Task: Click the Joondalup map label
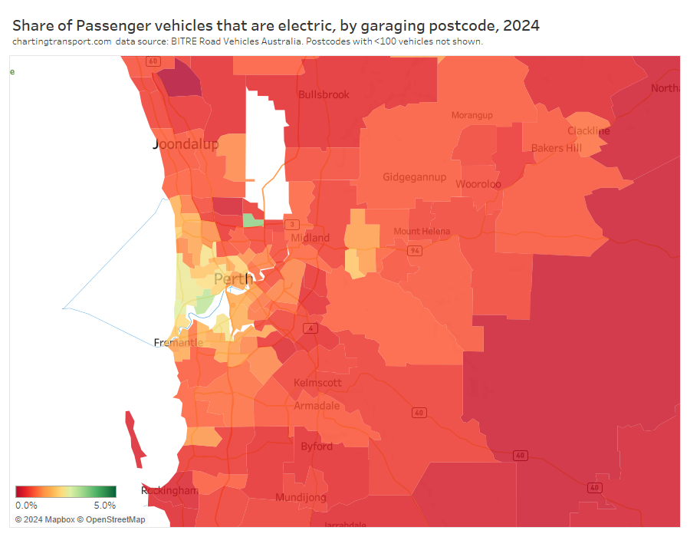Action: coord(186,144)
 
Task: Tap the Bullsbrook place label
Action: coord(324,95)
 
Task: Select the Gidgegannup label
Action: coord(415,177)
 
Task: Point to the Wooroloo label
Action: coord(478,184)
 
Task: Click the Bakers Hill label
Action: coord(557,148)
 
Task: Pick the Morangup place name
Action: coord(472,115)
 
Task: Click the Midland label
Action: coord(310,238)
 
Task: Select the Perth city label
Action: coord(233,278)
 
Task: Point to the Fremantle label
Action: coord(179,342)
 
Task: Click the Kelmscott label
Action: coord(318,383)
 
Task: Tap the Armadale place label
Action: coord(317,406)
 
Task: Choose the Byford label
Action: coord(317,446)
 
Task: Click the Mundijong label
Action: coord(301,497)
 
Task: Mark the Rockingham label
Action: coord(169,490)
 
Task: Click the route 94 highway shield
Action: coord(415,251)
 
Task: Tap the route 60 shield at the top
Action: coord(153,61)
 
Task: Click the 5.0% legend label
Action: coord(105,506)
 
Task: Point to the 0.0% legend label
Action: coord(26,506)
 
